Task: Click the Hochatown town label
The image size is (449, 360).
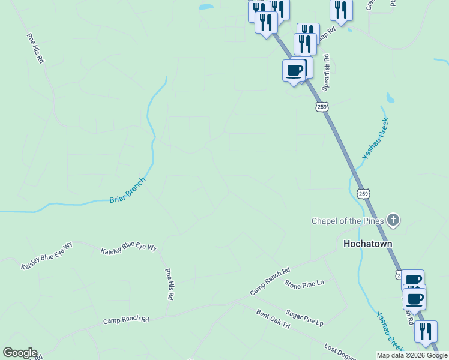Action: pos(367,244)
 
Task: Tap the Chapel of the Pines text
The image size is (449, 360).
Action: pos(344,221)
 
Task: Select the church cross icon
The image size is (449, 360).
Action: pos(393,220)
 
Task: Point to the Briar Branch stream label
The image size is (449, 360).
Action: pos(127,190)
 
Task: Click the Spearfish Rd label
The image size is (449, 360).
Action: pos(326,73)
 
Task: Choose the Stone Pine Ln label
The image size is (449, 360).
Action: pos(304,283)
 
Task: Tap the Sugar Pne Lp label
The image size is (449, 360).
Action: pos(304,319)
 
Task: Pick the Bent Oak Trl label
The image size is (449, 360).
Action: pos(273,319)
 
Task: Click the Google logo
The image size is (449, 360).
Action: pos(19,353)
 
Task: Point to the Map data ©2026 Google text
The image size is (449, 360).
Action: pos(412,355)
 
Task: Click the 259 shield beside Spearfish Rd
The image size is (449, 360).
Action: pos(322,107)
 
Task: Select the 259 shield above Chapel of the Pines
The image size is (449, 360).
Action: pos(362,193)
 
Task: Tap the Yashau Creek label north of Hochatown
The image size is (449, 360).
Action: pos(376,139)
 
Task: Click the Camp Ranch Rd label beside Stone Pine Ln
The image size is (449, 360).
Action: pos(270,281)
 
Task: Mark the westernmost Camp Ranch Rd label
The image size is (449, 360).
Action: pos(125,320)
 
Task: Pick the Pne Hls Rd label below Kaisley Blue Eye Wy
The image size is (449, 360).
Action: pos(170,284)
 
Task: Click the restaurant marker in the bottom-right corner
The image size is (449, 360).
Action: pos(426,331)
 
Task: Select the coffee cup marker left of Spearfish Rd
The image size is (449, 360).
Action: pos(294,71)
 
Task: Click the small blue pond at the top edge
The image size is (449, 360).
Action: pos(206,7)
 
